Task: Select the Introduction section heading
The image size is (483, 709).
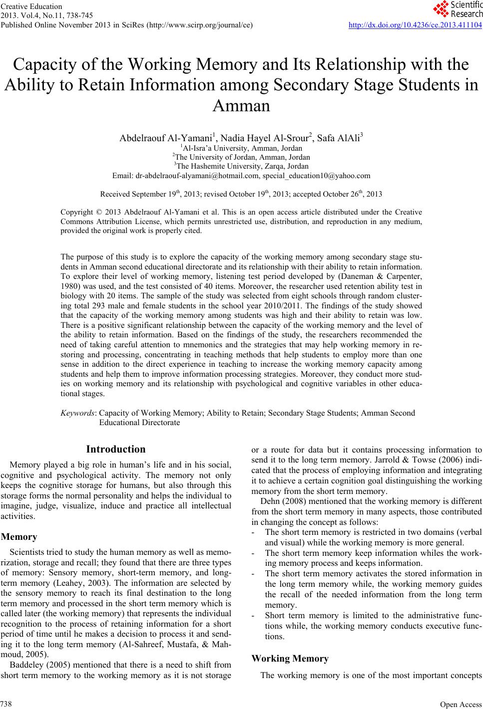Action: [x=116, y=449]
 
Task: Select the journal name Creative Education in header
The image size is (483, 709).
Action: [x=32, y=6]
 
